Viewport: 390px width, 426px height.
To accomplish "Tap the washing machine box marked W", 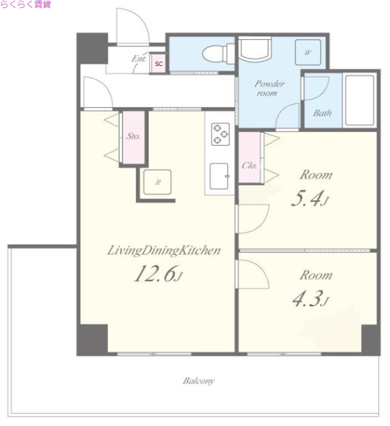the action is coord(307,52).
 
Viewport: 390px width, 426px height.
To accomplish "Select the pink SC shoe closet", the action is coord(158,63).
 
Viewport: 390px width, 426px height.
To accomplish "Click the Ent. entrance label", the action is coord(139,59).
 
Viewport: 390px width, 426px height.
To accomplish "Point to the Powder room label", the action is coord(270,88).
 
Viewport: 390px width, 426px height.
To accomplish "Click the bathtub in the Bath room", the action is coord(360,100).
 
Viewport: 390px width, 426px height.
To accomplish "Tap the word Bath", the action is coord(322,113).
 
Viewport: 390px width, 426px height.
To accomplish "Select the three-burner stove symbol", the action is coord(221,134).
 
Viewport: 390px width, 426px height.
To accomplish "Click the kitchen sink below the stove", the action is coord(220,176).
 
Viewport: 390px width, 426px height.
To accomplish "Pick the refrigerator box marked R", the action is coord(157,182).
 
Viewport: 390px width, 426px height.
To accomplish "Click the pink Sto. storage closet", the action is coord(133,137).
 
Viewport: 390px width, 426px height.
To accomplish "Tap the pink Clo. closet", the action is coord(249,158).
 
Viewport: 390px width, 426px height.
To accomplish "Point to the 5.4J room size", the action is coord(310,199).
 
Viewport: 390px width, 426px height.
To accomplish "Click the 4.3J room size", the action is coord(311,299).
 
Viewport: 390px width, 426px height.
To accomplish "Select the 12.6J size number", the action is coord(158,274).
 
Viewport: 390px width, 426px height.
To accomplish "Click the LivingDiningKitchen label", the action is coord(164,250).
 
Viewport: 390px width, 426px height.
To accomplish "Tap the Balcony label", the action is coord(199,381).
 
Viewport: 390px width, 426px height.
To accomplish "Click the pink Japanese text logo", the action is coord(26,4).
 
